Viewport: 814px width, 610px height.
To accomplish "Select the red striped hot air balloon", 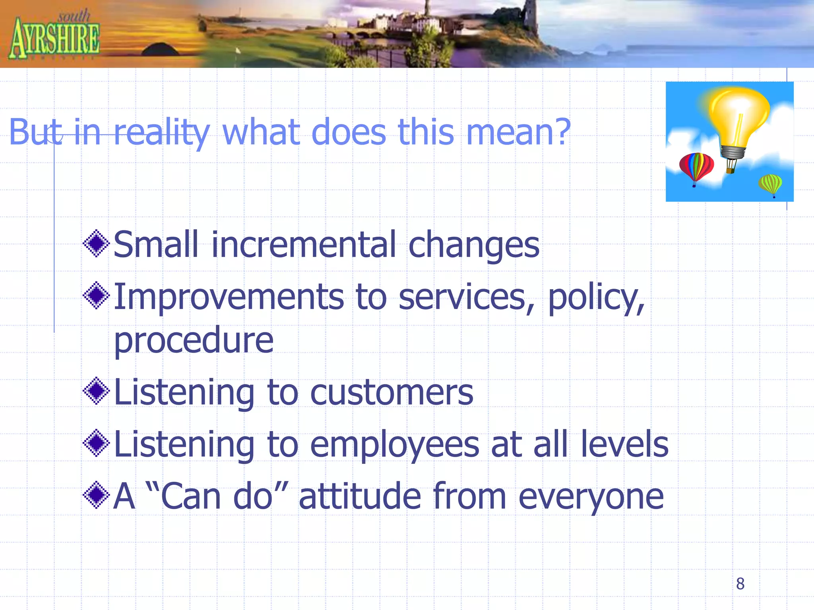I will click(x=696, y=167).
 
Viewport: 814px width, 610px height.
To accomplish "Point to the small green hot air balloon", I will click(x=770, y=184).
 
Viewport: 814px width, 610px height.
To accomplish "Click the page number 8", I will click(x=740, y=583).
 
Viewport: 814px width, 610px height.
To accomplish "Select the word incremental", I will click(x=304, y=245).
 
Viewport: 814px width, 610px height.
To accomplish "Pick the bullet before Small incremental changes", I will click(x=96, y=243).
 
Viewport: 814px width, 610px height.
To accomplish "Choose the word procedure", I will click(x=194, y=341).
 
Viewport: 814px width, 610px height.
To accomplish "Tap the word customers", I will click(x=391, y=393).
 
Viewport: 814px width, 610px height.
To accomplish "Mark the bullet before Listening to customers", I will click(x=96, y=391).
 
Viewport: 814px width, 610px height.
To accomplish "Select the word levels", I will click(x=624, y=444).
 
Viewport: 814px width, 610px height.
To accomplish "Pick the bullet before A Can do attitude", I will click(x=96, y=495).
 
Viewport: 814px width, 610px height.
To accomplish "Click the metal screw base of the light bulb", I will click(x=733, y=152).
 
